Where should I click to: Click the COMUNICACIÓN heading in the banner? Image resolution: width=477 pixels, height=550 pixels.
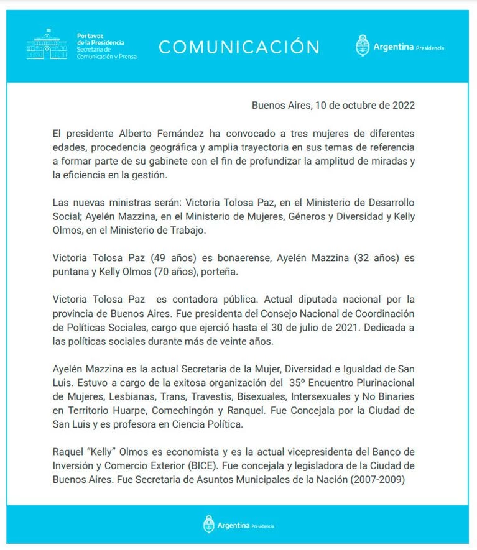point(239,47)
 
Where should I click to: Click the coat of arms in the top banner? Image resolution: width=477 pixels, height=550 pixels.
point(363,46)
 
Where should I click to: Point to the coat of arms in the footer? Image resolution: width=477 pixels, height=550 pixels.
point(209,525)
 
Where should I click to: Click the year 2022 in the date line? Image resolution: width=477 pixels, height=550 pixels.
point(402,105)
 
